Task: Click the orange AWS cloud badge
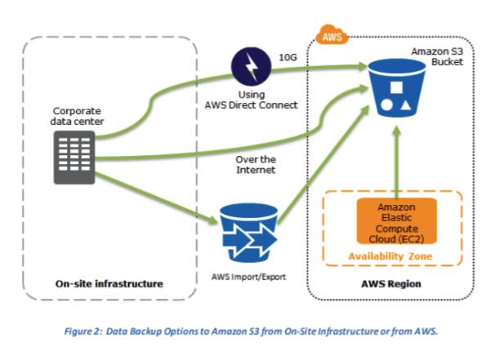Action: (332, 37)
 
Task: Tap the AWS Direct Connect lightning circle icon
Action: (250, 64)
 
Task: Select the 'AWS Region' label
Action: (389, 283)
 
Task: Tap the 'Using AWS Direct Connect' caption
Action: (250, 100)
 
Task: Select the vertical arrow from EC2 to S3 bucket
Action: (395, 163)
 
